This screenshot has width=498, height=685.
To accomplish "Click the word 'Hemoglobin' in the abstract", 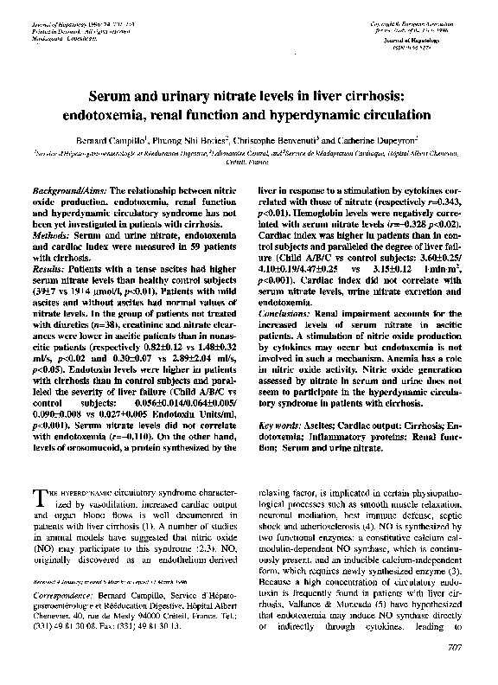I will (x=313, y=211).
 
